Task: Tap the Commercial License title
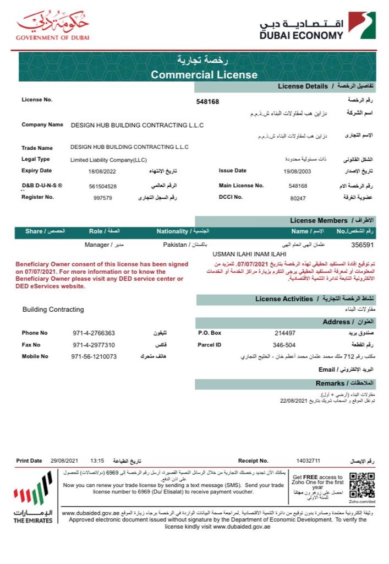[x=204, y=74]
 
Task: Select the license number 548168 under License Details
[x=207, y=102]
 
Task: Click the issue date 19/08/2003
[x=297, y=171]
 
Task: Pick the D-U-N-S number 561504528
[x=103, y=186]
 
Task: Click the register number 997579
[x=103, y=197]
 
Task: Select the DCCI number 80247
[x=298, y=197]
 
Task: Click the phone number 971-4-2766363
[x=94, y=333]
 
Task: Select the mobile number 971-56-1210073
[x=94, y=356]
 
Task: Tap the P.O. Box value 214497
[x=285, y=333]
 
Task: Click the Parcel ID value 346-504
[x=285, y=345]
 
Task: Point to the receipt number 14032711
[x=308, y=460]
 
